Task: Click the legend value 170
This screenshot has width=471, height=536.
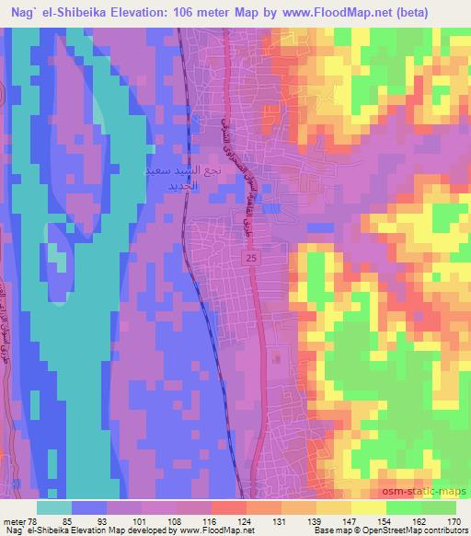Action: pyautogui.click(x=454, y=522)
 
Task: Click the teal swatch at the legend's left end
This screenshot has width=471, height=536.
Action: pyautogui.click(x=53, y=507)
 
